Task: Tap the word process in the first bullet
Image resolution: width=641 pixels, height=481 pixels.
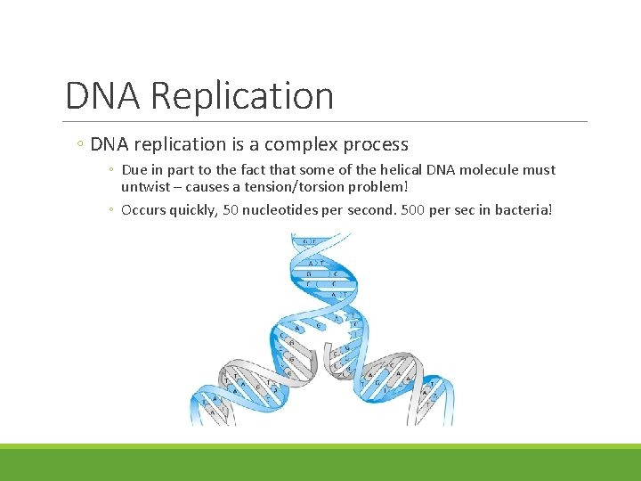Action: pyautogui.click(x=373, y=144)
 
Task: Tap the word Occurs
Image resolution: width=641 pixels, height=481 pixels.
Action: pyautogui.click(x=143, y=210)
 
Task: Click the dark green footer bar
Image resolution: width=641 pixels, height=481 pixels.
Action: pyautogui.click(x=320, y=465)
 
